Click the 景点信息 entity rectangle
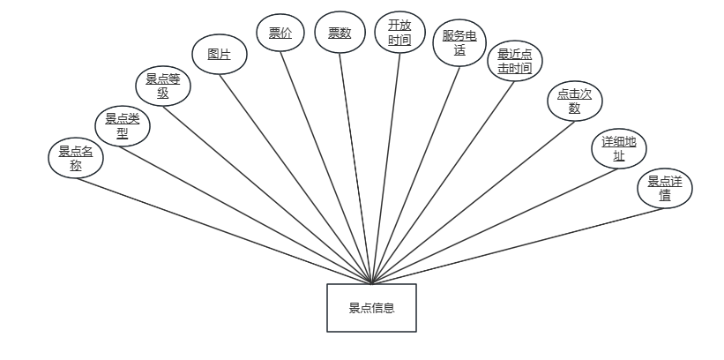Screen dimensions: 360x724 371,308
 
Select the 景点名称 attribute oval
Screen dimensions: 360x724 76,158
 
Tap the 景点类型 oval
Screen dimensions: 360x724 123,125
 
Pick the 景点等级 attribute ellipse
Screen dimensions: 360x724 163,87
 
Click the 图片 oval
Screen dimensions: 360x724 220,54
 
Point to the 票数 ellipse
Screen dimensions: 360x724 340,34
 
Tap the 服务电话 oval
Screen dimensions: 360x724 460,43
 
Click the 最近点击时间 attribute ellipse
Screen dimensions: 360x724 515,61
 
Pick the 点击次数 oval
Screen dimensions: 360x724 575,101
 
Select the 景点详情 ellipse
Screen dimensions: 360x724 665,189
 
